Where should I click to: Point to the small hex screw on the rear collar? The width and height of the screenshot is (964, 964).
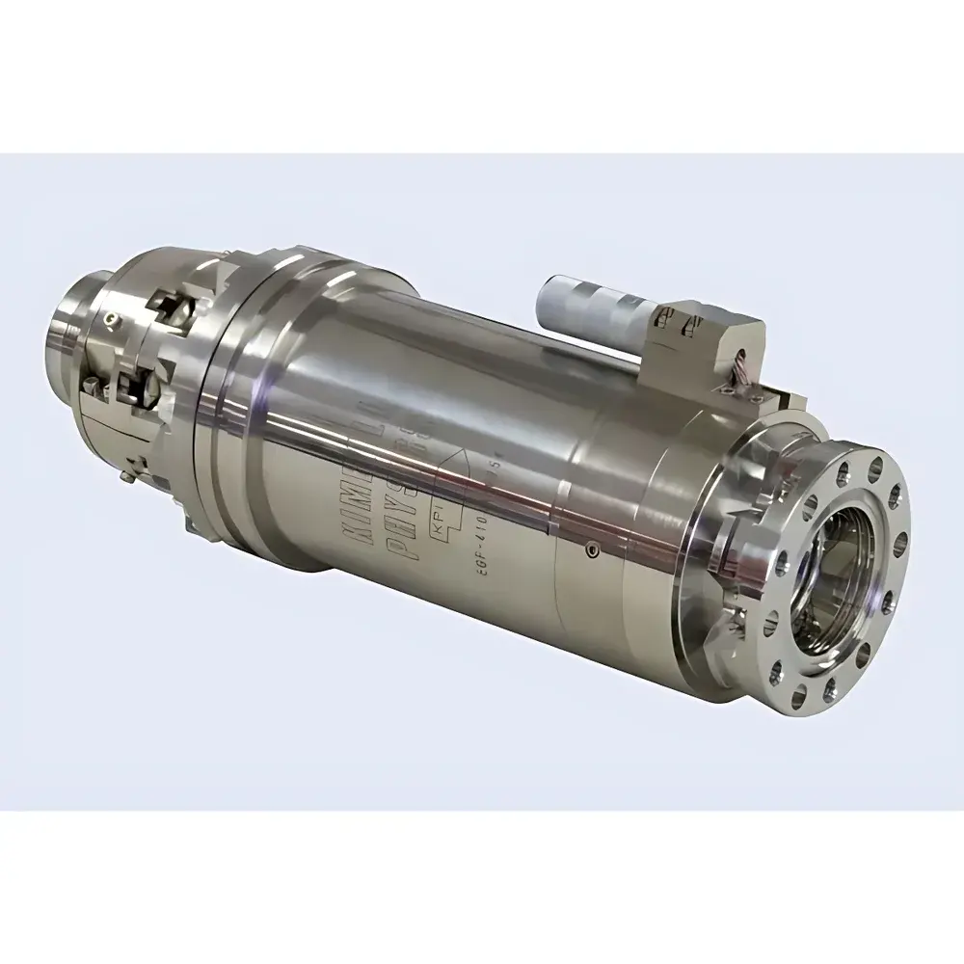coord(114,319)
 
